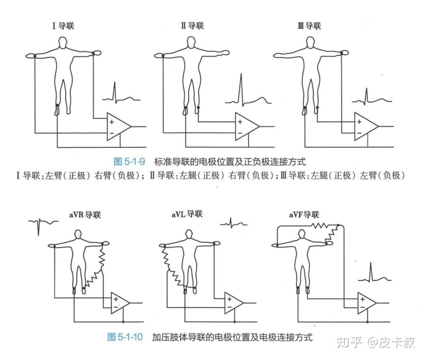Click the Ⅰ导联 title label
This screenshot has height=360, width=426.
pos(63,26)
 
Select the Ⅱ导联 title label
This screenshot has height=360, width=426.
pos(192,26)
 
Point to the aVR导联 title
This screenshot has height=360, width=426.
pos(85,215)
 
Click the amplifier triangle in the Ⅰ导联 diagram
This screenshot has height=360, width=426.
pos(117,127)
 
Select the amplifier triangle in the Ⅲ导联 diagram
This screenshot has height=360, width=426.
pos(365,127)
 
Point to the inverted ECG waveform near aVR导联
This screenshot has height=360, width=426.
pos(43,225)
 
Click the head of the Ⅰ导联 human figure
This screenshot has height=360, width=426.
pos(62,42)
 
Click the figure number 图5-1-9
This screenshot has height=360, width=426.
pos(129,161)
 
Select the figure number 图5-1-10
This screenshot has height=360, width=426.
pos(125,337)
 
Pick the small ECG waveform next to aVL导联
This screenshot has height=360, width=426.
pos(233,223)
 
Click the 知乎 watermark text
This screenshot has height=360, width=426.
pos(349,343)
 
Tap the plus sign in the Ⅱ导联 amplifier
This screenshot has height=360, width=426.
pos(240,122)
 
